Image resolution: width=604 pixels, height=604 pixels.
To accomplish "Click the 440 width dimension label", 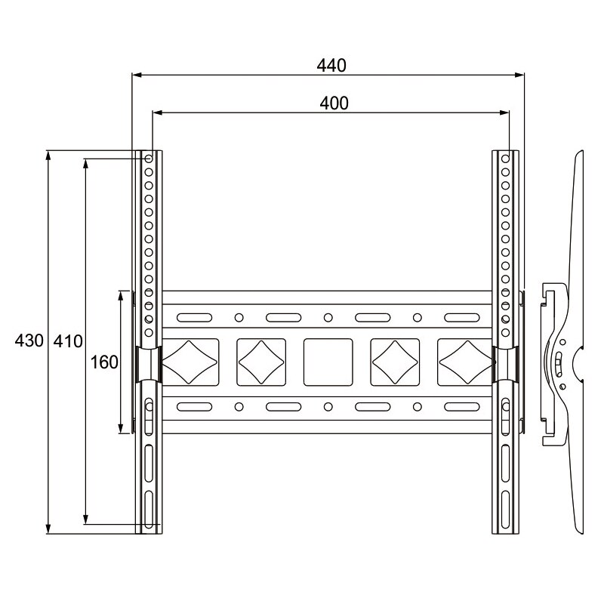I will coord(331,66).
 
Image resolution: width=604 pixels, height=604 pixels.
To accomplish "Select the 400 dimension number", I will coord(334,103).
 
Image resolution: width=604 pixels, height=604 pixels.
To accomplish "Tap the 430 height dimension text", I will coord(29,341).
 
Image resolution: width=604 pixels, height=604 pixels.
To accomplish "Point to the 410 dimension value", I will coord(68,341).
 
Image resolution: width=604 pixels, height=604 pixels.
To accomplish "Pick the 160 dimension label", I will coord(104,362).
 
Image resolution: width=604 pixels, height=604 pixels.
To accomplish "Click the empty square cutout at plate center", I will coord(328,362).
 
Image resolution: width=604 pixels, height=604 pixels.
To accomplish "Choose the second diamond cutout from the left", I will coord(261,362).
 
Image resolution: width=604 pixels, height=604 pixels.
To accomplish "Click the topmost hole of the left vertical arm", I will coord(149,159).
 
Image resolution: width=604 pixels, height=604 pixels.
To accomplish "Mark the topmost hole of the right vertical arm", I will coord(506,159).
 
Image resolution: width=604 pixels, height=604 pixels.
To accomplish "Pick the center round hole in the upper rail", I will coord(328,317).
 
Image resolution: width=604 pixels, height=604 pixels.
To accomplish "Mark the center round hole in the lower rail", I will coord(328,407).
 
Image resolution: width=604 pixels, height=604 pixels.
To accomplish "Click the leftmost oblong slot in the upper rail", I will coord(194,317).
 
